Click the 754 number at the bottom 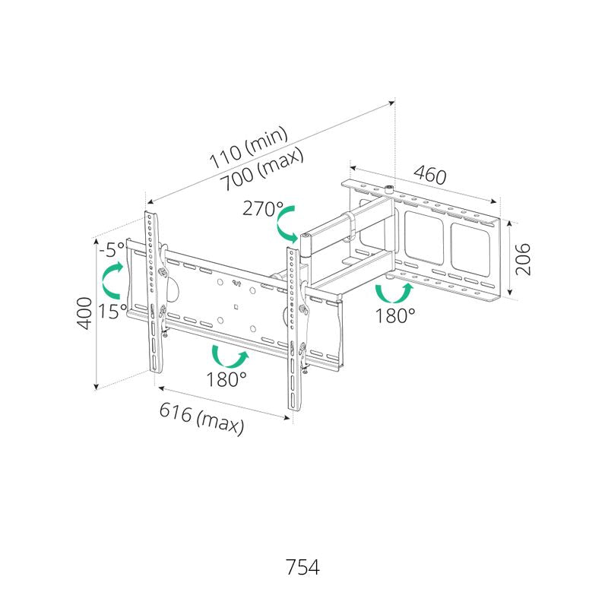302,567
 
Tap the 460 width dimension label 429,176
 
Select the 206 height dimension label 522,259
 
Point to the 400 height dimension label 85,313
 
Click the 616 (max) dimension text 202,418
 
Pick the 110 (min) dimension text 249,147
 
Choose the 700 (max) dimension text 261,169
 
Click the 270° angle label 262,208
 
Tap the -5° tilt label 112,249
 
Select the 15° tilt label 112,311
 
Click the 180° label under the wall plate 395,315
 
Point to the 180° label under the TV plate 226,378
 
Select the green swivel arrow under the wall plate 394,293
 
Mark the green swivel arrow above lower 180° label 230,356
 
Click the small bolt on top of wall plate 388,190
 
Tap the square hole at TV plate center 236,308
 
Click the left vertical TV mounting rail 154,292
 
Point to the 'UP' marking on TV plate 236,283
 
